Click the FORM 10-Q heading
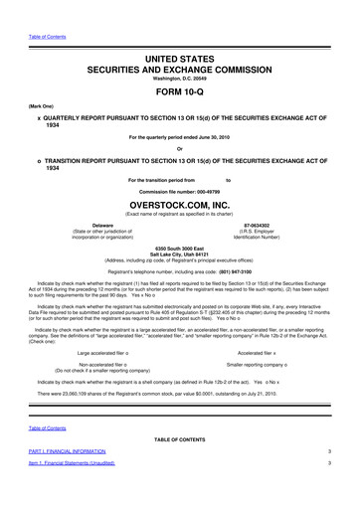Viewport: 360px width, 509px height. coord(180,87)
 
